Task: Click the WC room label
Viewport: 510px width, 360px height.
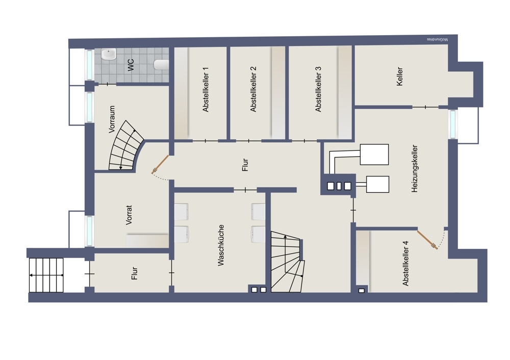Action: point(131,65)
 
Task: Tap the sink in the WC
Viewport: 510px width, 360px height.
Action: point(108,55)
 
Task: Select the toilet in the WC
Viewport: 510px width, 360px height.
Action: point(161,65)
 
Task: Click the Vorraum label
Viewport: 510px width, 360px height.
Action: point(112,119)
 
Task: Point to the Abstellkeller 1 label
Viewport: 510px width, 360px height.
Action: point(206,90)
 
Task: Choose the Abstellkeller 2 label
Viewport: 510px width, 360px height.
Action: point(253,89)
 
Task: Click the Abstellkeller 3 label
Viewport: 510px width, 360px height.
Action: point(318,89)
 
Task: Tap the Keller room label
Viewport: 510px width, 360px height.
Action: point(400,76)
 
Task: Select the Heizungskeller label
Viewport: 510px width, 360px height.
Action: point(414,168)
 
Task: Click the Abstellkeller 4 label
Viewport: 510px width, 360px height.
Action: point(405,264)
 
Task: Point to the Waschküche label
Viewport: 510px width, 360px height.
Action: point(221,245)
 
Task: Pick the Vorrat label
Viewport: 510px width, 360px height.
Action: point(129,215)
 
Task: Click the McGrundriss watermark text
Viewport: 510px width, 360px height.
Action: point(437,39)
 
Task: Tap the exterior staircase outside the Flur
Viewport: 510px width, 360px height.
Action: point(46,275)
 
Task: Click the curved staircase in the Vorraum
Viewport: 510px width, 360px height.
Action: point(126,146)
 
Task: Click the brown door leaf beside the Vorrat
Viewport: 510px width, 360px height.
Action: point(161,163)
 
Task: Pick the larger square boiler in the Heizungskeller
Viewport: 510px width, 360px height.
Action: point(374,155)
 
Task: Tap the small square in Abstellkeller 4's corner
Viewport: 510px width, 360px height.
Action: point(362,291)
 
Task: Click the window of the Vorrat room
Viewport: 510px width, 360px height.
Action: point(89,231)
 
